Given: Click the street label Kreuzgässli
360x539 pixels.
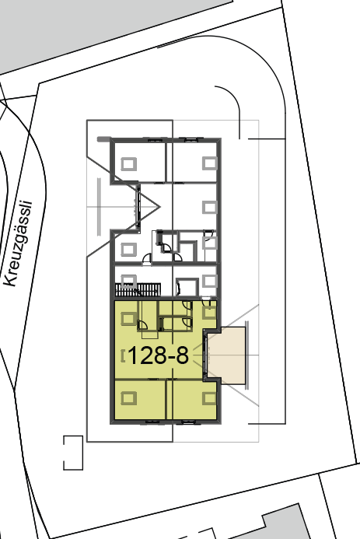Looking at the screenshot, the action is (19, 243).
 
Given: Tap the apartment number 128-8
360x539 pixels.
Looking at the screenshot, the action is (159, 355).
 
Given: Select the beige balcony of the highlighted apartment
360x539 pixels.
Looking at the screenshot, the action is (227, 355).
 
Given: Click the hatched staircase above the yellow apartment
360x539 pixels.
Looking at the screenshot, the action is (138, 289).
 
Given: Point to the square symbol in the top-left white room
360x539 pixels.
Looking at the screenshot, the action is (128, 163).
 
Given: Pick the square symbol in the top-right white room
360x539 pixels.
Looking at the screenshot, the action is (209, 163).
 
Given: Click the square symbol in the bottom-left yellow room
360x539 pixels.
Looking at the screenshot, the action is (128, 398).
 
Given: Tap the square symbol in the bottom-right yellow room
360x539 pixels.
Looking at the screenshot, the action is (209, 398).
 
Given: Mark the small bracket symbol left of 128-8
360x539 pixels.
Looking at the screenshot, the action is (124, 355).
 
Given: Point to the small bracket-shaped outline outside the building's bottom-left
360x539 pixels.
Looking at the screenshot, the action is (73, 453).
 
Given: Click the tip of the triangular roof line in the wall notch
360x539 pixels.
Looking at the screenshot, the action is (160, 207).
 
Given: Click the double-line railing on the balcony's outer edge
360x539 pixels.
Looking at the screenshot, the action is (246, 355).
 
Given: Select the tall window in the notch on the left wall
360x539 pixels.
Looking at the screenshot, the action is (138, 207).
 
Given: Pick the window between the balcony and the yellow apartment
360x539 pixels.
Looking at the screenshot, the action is (206, 355).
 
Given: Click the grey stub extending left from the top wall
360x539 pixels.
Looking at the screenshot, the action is (103, 139).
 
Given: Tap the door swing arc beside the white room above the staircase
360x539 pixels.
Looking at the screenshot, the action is (147, 257).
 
